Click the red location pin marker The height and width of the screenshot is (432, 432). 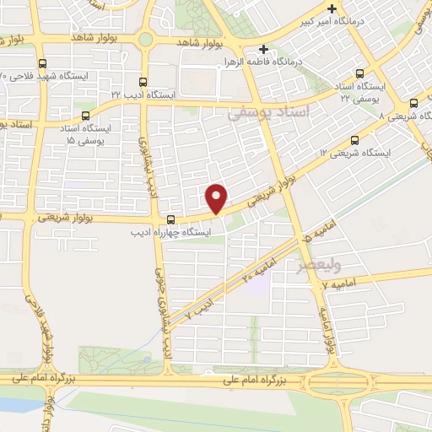click(218, 198)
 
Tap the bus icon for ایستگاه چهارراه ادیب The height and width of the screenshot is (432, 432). click(170, 216)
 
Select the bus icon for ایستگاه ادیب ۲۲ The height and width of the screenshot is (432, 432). click(142, 83)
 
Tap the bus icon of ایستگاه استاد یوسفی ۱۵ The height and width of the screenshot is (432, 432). click(84, 116)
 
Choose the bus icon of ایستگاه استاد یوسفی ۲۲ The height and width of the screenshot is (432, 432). click(362, 73)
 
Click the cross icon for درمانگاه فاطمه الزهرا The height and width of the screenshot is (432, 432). click(264, 49)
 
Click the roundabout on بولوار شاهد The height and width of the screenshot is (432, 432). click(145, 39)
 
